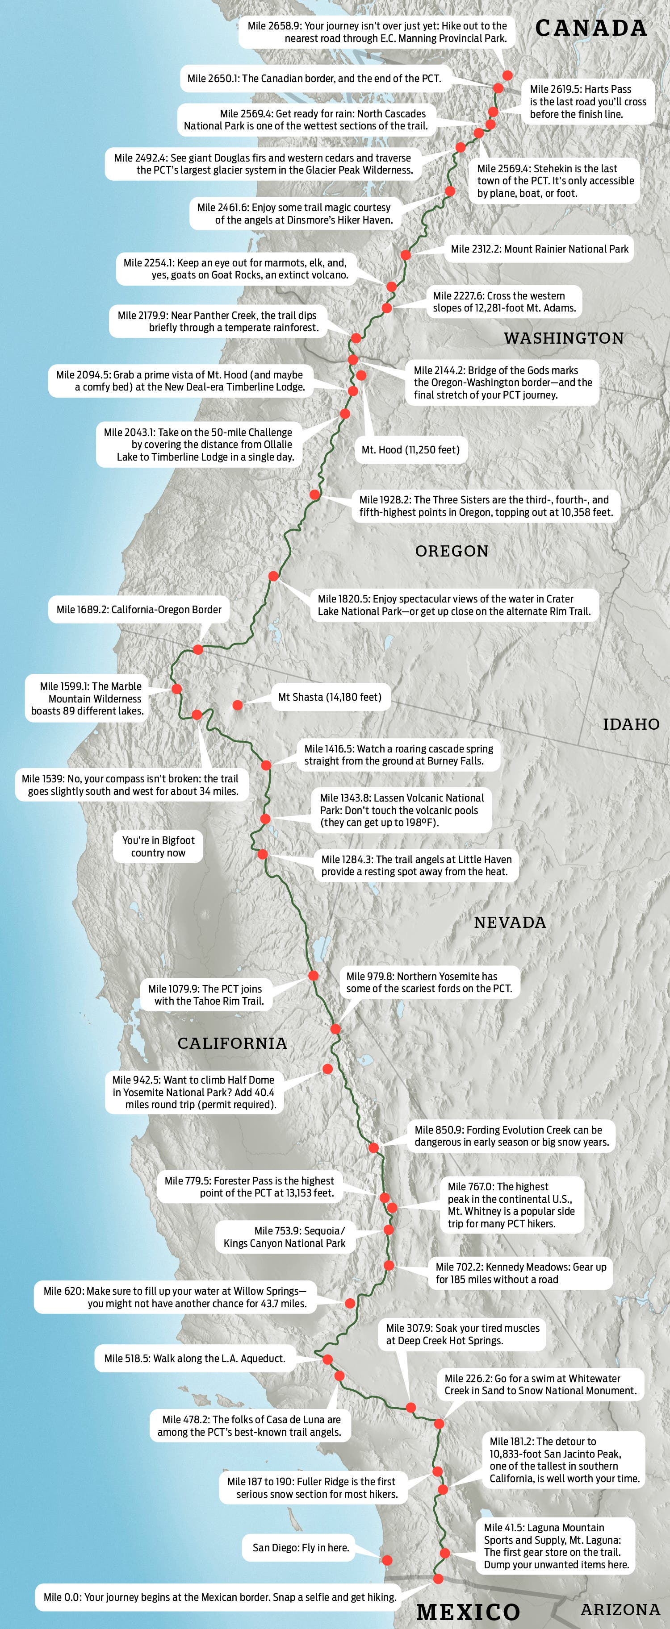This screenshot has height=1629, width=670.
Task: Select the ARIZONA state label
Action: click(620, 1609)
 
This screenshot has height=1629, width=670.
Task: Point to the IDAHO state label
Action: click(631, 724)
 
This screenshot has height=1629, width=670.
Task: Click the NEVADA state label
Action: click(510, 922)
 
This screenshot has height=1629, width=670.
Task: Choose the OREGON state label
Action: click(452, 551)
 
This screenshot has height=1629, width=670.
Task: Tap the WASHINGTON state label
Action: click(564, 338)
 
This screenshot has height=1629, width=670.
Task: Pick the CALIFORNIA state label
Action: click(232, 1043)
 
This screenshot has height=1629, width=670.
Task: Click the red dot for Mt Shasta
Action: click(237, 704)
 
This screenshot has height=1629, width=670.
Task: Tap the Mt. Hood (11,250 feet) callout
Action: click(410, 449)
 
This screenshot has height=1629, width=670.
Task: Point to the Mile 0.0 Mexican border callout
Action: click(220, 1597)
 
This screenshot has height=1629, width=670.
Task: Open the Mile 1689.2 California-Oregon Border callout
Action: click(139, 610)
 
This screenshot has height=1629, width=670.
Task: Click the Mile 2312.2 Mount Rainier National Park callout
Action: click(539, 249)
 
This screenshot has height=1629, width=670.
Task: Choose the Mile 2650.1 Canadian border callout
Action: click(314, 79)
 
